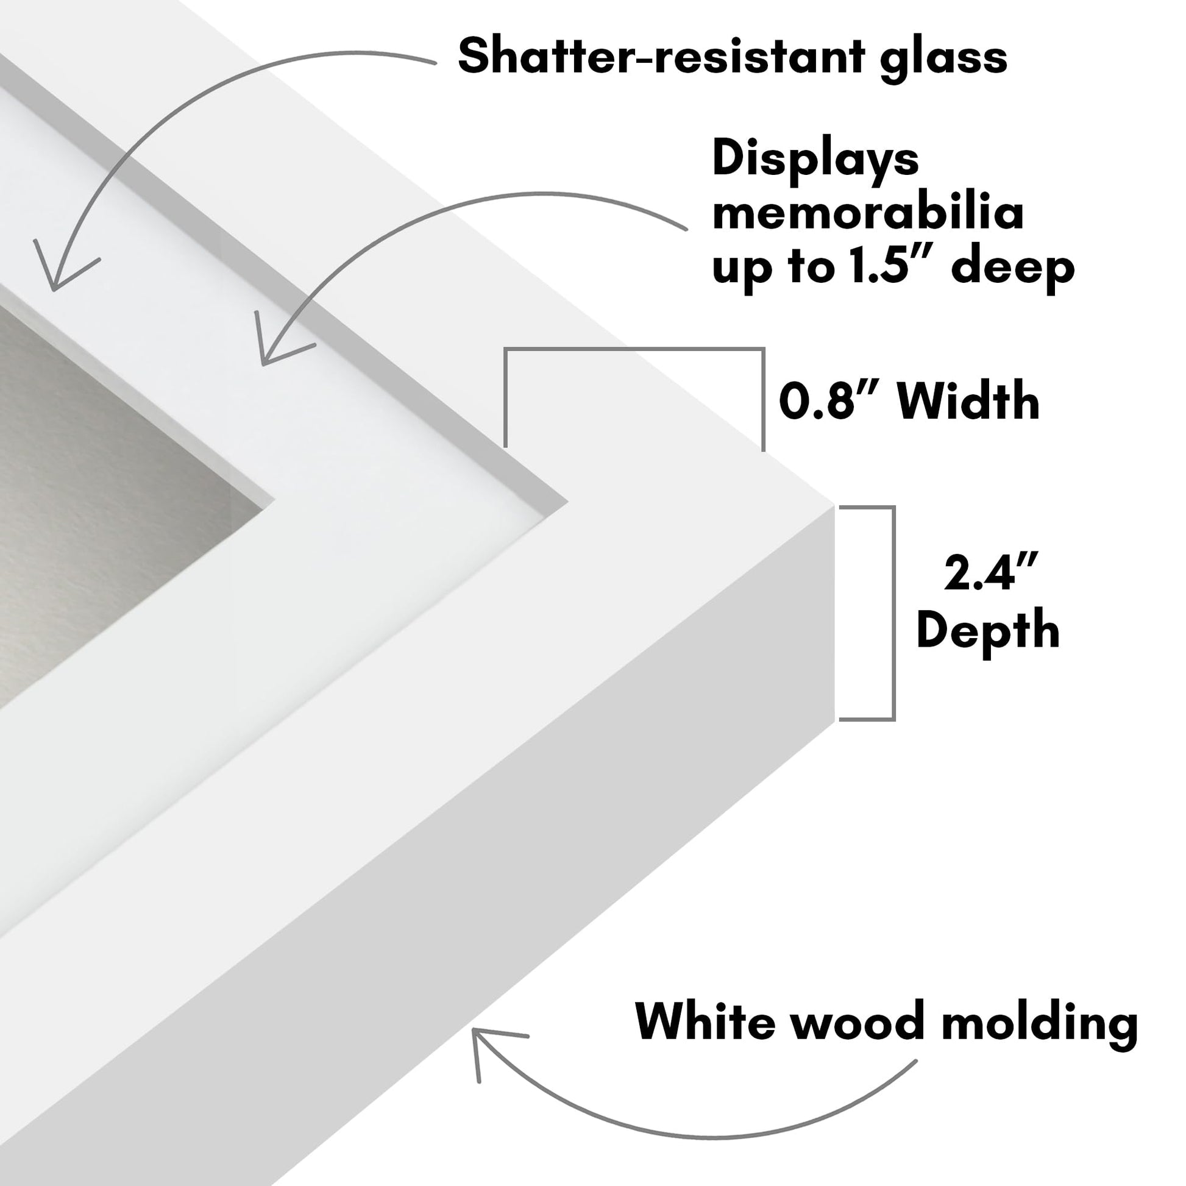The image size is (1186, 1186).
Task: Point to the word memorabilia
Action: (x=868, y=213)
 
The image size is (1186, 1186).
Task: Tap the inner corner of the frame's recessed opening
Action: (x=567, y=501)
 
